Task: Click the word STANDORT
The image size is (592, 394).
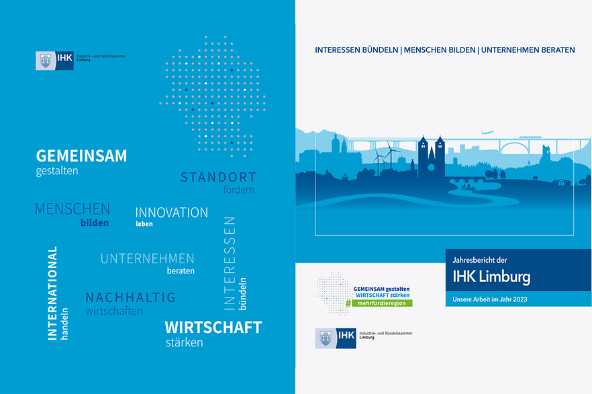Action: pos(218,177)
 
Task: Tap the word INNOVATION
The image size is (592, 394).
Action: pos(171,212)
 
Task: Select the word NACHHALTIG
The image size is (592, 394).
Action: pos(130,298)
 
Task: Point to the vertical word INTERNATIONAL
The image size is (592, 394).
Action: pos(52,293)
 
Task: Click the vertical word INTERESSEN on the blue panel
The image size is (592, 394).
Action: pos(230,263)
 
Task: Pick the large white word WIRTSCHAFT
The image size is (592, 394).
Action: pos(213,327)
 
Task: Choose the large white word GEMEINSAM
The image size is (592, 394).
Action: pos(82,156)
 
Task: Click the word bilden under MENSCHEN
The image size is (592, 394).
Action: pos(95,223)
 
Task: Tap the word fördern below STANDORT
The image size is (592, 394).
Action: pos(239,189)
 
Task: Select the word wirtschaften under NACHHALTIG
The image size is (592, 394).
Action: pos(114,311)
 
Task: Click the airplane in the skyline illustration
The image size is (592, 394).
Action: pos(487,133)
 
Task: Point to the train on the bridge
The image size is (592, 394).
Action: pos(530,137)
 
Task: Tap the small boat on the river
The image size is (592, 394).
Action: pos(467,186)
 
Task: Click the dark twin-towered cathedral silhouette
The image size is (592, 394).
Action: pos(431,157)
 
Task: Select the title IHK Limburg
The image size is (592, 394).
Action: pos(491,277)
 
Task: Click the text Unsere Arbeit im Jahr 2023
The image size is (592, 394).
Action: pos(490,300)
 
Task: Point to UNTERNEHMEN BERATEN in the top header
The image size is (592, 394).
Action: pos(528,50)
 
